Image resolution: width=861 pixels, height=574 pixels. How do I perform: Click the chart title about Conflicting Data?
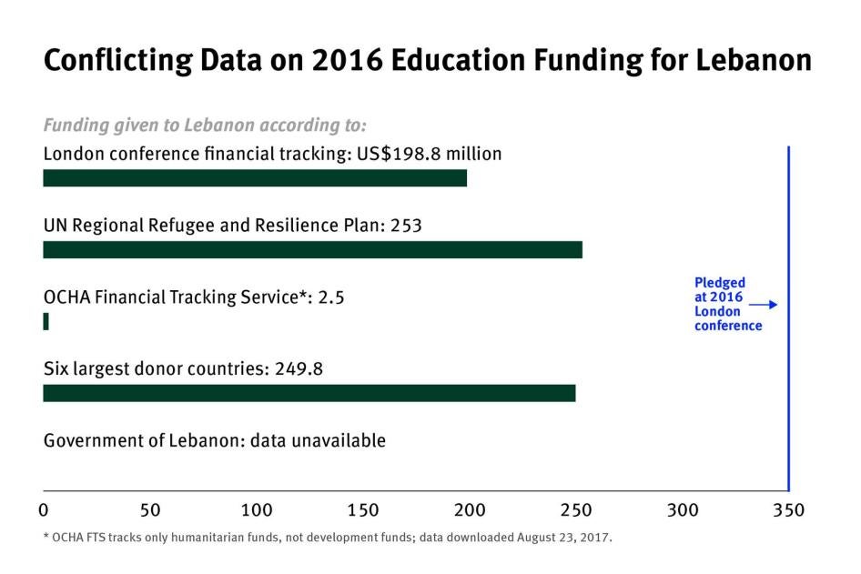tap(428, 61)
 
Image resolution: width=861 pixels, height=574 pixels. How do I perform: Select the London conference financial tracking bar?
tap(255, 178)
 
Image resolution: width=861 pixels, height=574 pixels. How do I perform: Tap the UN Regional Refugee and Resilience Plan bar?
tap(312, 250)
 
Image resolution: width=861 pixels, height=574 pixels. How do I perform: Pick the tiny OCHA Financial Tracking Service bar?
tap(46, 321)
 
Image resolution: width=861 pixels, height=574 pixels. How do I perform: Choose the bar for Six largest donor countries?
tap(309, 393)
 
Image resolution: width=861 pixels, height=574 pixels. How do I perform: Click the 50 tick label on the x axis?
tap(151, 510)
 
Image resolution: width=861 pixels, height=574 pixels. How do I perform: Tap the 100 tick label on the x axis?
tap(258, 510)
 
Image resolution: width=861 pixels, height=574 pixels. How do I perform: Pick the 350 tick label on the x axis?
tap(789, 510)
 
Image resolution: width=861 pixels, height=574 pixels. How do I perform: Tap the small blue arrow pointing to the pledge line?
tap(764, 305)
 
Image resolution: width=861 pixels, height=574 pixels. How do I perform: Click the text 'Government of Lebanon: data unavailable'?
tap(215, 441)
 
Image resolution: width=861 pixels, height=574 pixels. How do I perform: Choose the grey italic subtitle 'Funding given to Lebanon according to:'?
tap(205, 125)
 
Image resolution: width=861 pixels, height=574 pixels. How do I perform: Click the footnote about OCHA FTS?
tap(328, 538)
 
